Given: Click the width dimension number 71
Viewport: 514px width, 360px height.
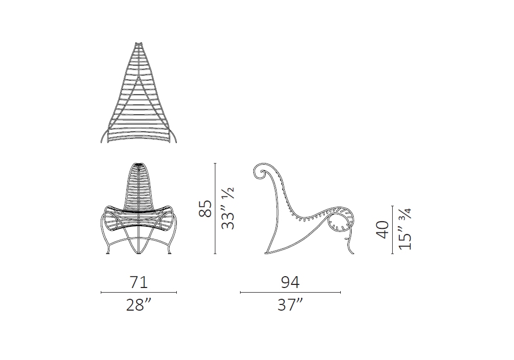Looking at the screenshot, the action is (139, 282).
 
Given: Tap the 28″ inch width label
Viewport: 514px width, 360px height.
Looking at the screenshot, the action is (139, 305).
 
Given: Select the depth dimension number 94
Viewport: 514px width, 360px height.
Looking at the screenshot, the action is (290, 282).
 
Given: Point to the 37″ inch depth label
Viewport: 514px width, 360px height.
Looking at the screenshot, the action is (290, 305).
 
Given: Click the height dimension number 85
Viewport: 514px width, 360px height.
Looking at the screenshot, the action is (205, 208).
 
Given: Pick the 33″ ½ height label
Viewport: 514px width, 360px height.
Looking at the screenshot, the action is (228, 208).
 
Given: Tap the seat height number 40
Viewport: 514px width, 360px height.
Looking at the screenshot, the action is (382, 229).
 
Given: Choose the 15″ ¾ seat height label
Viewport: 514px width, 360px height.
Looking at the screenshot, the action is (405, 229).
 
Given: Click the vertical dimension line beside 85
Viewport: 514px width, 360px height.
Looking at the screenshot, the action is (215, 208).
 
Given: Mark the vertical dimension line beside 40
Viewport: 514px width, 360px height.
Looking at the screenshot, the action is (392, 230).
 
